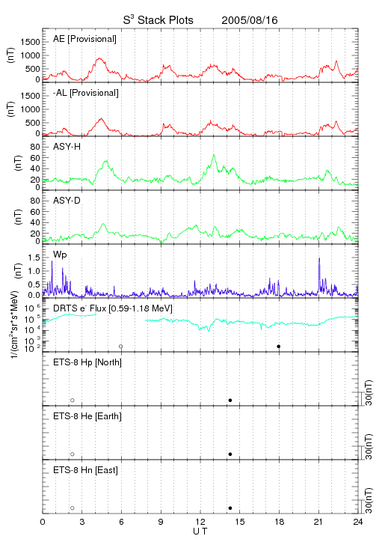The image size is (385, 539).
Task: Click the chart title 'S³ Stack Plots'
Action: coord(158,20)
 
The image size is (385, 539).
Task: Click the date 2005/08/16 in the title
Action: coord(250,20)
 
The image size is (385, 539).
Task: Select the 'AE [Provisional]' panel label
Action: coord(84,39)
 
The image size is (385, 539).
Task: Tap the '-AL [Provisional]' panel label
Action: coord(86,93)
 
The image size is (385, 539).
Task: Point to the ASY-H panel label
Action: coord(67,147)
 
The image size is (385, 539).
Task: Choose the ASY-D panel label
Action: coord(67,201)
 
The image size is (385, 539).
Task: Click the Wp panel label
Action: coord(60,255)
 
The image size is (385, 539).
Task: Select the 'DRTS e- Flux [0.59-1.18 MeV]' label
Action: coord(113,308)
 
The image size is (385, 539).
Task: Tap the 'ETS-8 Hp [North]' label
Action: coord(87,362)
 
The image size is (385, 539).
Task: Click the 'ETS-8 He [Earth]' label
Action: coord(87,416)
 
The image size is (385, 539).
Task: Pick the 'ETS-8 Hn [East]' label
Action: coord(85,470)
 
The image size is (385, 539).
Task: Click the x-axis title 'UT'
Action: coord(200,531)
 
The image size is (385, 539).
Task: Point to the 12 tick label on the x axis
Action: coord(200,522)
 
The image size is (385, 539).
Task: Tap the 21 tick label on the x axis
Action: coord(318,522)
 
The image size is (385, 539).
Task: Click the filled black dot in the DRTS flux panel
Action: coord(279,347)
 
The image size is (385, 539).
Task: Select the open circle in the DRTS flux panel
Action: coord(121,347)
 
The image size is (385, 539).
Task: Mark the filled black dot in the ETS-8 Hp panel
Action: coord(230,400)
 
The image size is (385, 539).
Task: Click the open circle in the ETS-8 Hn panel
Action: coord(73,508)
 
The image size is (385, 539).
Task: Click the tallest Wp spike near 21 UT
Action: coord(319,258)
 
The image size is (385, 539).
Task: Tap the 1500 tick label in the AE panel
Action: coord(31,42)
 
